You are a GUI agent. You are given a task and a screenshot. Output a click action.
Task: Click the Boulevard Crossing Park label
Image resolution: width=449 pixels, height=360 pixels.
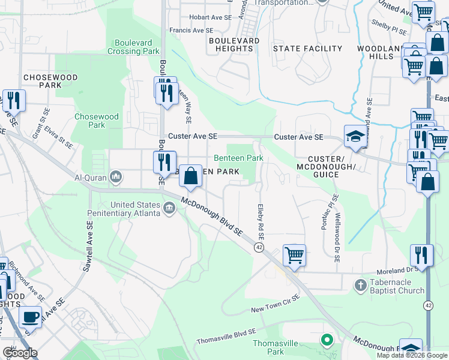(x=133, y=47)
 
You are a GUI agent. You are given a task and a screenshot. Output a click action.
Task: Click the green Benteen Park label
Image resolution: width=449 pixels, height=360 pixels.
(x=239, y=158)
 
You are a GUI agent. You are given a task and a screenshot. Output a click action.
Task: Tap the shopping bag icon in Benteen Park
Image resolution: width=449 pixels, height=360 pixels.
(x=190, y=176)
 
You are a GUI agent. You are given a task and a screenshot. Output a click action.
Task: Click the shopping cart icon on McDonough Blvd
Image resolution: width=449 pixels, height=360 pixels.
(x=294, y=255)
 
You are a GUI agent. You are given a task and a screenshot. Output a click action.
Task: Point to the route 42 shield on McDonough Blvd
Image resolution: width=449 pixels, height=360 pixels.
(x=259, y=247)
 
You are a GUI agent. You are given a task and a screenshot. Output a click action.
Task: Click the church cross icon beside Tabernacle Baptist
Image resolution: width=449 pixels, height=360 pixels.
(x=360, y=284)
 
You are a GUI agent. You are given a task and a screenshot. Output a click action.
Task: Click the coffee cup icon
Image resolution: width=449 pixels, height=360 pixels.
(x=30, y=316)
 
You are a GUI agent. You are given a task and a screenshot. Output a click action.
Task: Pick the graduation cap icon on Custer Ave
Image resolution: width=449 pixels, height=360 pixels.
(x=355, y=137)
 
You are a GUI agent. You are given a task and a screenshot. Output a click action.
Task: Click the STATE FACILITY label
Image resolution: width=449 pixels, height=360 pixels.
(x=307, y=49)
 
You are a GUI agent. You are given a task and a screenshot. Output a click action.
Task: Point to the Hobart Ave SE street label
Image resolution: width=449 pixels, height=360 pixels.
(x=209, y=17)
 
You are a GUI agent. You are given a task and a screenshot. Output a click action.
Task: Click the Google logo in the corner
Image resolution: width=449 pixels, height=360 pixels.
(x=20, y=353)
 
